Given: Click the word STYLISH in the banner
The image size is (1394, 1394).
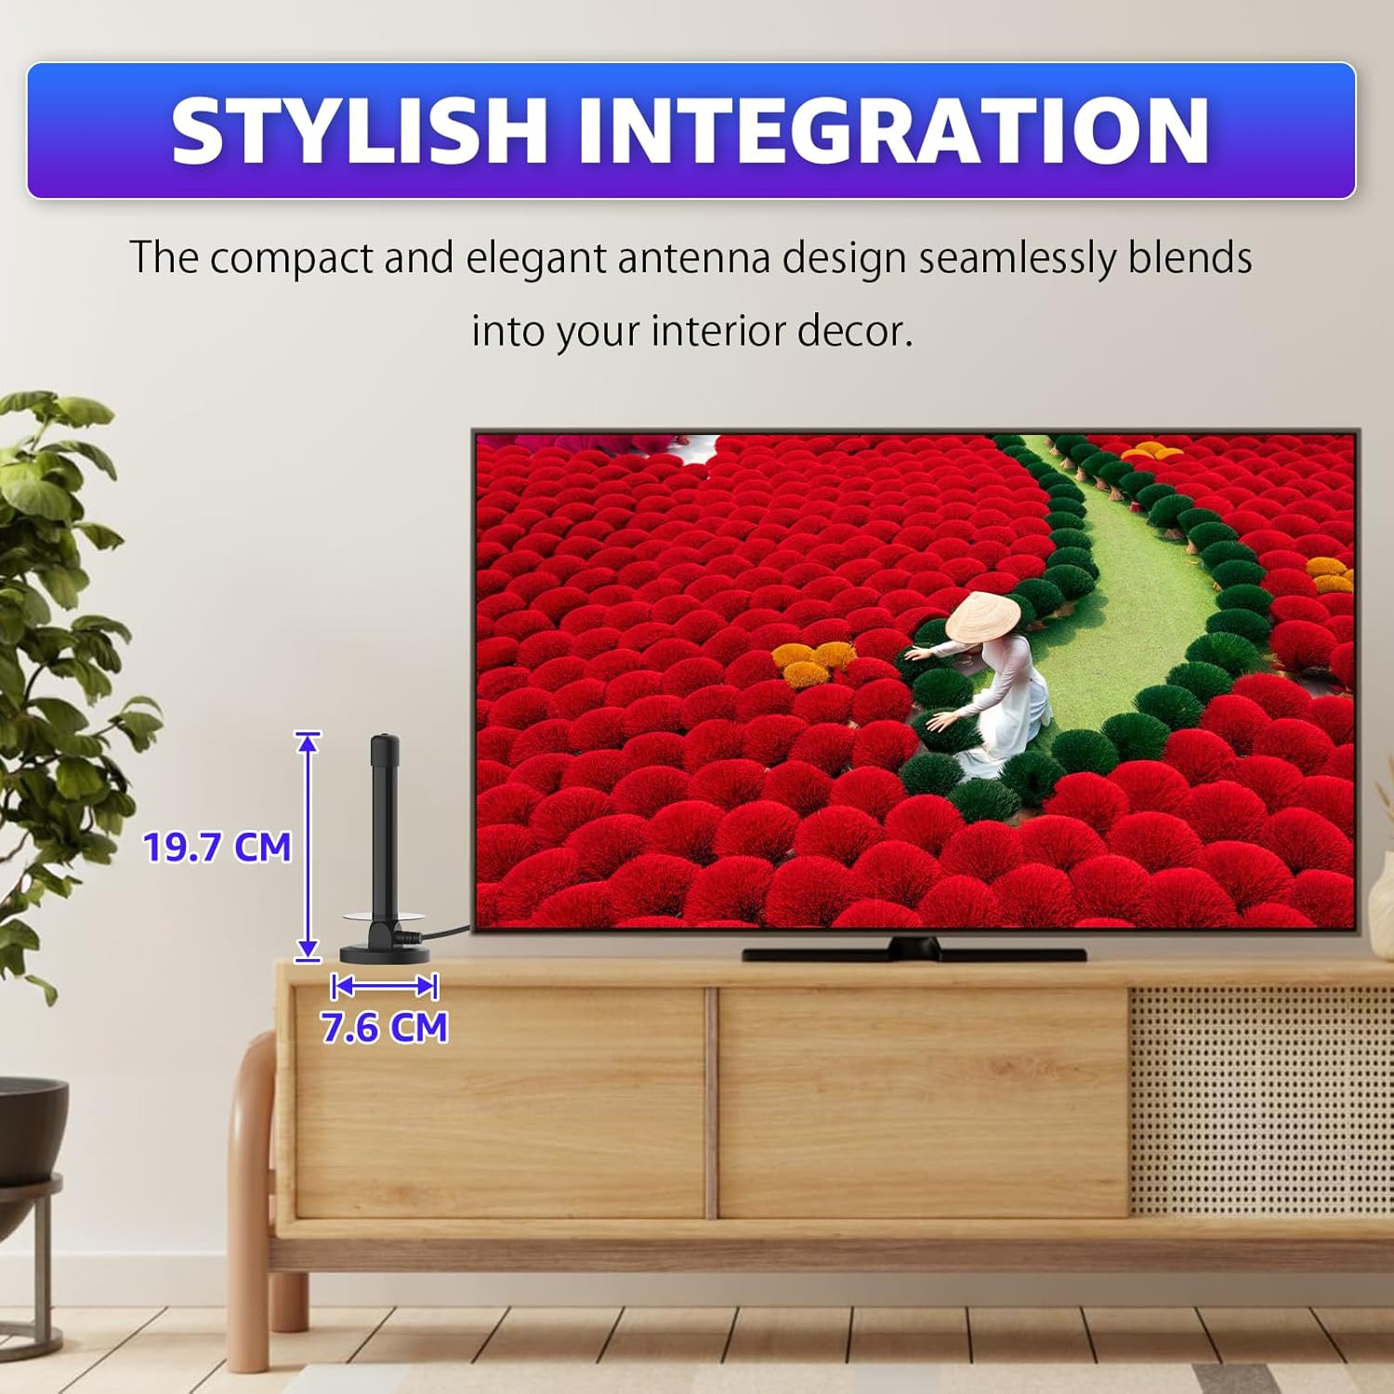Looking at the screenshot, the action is coord(359,131).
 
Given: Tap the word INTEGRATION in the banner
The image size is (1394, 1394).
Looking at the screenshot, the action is coord(894,131).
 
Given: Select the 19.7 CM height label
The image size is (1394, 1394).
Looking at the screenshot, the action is coord(217,848).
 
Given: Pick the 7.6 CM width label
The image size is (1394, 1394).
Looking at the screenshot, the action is coord(385,1028).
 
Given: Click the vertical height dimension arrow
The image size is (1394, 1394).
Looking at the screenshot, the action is coord(308,847).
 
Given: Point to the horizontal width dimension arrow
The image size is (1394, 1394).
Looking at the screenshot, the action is coord(385,986).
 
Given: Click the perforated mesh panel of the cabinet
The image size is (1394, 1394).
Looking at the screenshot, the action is coord(1261,1101).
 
